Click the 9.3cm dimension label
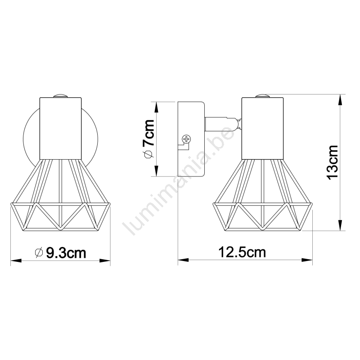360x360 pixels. pos(66,253)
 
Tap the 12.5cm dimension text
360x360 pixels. pos(242,252)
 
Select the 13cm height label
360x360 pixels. pos(333,162)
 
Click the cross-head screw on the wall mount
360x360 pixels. pos(186,139)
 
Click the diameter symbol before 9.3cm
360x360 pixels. pos(39,253)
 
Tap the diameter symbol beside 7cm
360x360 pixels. pos(148,154)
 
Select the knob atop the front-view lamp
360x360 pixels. pos(60,96)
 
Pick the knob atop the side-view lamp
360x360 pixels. pos(262,96)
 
